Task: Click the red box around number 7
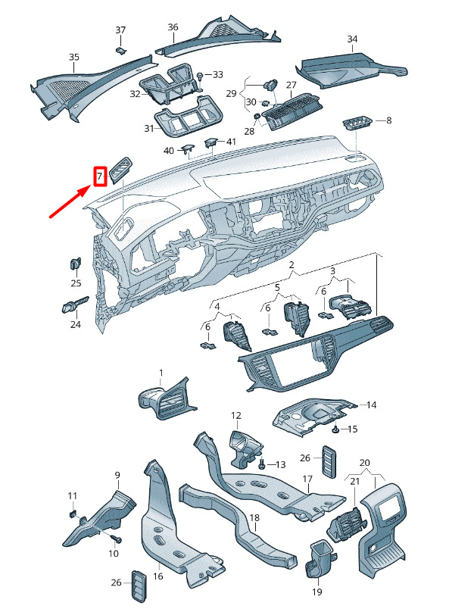pyautogui.click(x=100, y=176)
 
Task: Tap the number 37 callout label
pyautogui.click(x=121, y=30)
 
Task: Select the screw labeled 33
pyautogui.click(x=200, y=75)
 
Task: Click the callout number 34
pyautogui.click(x=352, y=39)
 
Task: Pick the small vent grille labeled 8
pyautogui.click(x=357, y=124)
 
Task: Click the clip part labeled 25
pyautogui.click(x=76, y=264)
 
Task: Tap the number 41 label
pyautogui.click(x=231, y=142)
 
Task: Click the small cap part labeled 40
pyautogui.click(x=187, y=147)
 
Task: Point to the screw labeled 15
pyautogui.click(x=335, y=429)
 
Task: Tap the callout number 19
pyautogui.click(x=317, y=592)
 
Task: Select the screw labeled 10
pyautogui.click(x=117, y=539)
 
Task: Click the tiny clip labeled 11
pyautogui.click(x=72, y=514)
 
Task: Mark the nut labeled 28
pyautogui.click(x=257, y=117)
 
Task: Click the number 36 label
pyautogui.click(x=173, y=27)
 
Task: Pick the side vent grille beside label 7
pyautogui.click(x=121, y=170)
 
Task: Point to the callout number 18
pyautogui.click(x=254, y=518)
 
